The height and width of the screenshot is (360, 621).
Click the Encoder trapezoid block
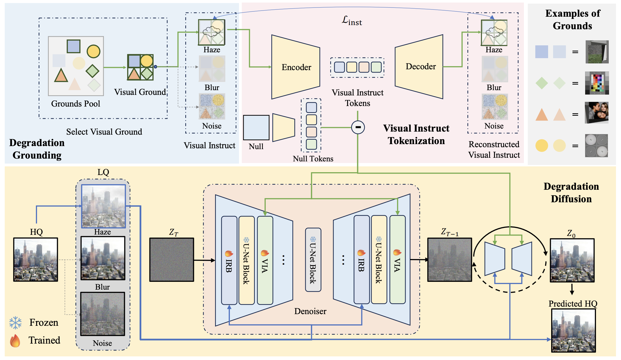point(295,67)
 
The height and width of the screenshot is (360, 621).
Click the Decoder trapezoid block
point(419,67)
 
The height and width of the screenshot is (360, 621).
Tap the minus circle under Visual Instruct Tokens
point(358,127)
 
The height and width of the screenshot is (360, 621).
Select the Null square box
point(256,127)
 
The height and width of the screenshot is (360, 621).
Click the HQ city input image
point(36,260)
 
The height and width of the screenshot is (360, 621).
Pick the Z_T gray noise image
point(172,260)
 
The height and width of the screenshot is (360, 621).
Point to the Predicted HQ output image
point(573,331)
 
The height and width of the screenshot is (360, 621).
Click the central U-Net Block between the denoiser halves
point(313,260)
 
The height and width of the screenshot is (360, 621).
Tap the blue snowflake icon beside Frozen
point(15,323)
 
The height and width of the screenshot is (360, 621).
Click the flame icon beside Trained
point(15,341)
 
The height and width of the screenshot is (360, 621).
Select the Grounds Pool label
point(75,104)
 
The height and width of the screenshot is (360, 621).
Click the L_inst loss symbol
point(352,21)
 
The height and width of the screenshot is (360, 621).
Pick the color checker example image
point(597,83)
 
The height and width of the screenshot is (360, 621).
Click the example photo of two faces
point(597,113)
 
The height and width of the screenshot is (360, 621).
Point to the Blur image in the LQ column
point(103,258)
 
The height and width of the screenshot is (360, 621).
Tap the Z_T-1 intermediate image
point(449,260)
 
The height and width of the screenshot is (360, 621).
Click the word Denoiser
point(310,311)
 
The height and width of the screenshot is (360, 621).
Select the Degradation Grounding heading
point(37,149)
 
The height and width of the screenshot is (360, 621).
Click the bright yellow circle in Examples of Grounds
point(541,146)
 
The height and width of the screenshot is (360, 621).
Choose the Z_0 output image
point(572,260)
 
